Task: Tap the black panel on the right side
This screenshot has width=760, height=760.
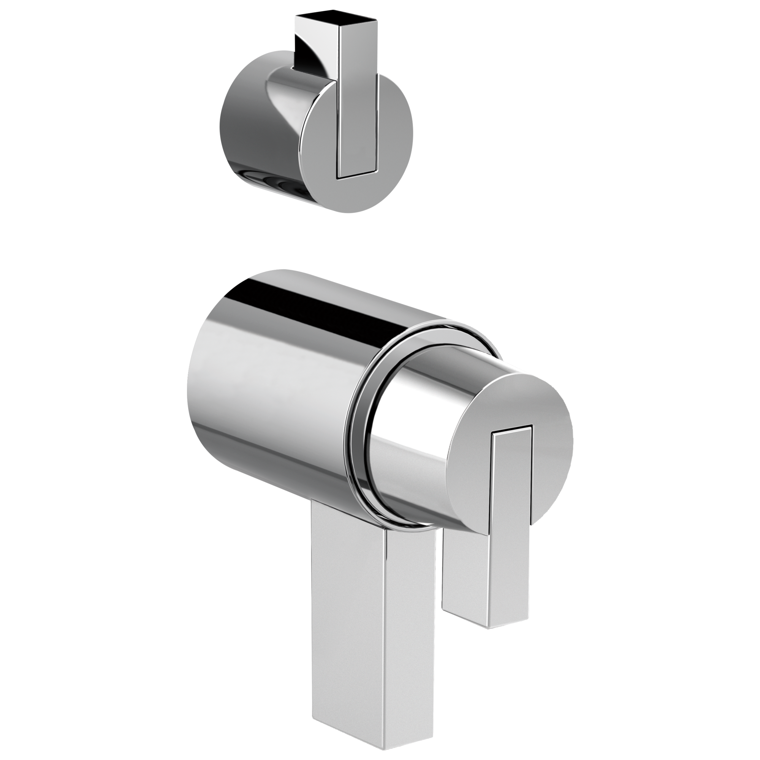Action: (x=667, y=380)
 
